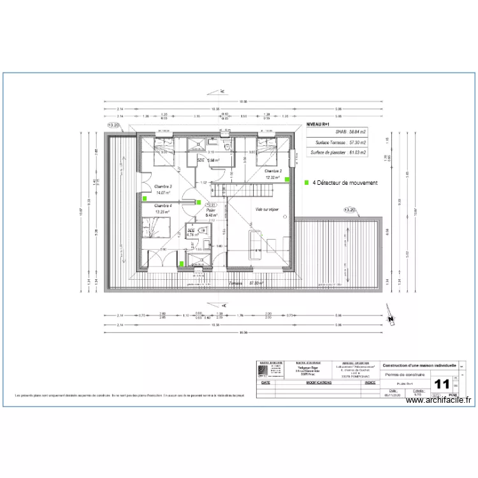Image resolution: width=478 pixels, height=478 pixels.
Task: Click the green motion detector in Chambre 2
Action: coord(287,180)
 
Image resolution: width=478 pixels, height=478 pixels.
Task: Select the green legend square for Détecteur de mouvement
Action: coord(307,182)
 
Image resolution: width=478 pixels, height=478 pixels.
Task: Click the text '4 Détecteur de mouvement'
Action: coord(345,183)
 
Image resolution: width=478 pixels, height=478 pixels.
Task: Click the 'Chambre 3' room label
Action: coord(163,186)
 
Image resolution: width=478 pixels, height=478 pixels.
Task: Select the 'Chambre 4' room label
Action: coord(163,206)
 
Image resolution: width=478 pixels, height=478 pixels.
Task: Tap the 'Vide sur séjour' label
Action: coord(267,209)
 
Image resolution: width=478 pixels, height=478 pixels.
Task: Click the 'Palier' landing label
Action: coord(210,209)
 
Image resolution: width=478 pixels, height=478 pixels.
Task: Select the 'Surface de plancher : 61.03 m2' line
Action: coord(338,152)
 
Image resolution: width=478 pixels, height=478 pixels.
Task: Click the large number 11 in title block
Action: coord(441,384)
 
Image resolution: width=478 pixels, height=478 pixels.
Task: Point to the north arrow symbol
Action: coord(390,314)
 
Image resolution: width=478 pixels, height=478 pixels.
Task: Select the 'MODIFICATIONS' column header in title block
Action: coord(319,383)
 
